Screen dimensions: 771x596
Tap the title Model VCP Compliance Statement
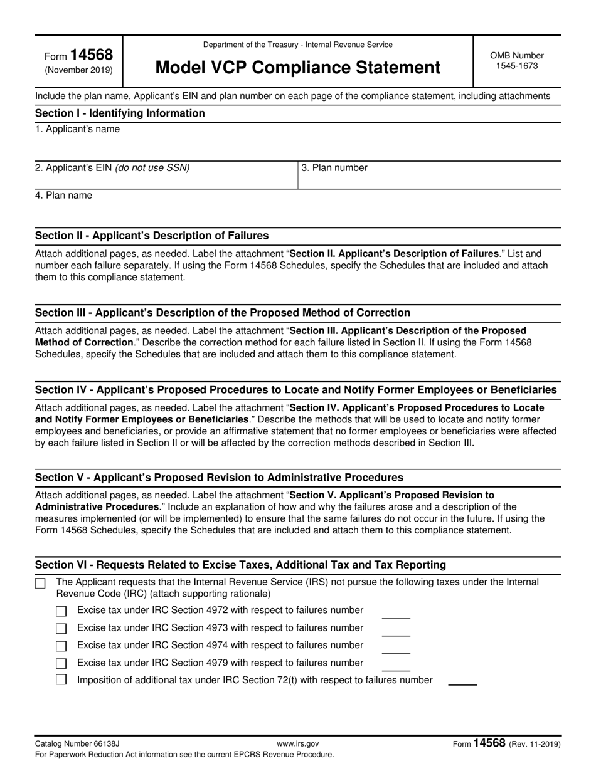click(x=297, y=67)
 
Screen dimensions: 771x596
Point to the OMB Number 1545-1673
click(x=517, y=60)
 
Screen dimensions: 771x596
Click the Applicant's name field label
click(x=77, y=129)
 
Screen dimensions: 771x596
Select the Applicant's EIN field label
click(x=112, y=168)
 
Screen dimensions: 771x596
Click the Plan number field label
click(x=334, y=168)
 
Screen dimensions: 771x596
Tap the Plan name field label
click(x=63, y=196)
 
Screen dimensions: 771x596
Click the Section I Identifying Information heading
click(x=120, y=113)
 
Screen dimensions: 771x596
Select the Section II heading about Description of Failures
click(x=152, y=236)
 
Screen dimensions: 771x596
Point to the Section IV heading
click(x=295, y=390)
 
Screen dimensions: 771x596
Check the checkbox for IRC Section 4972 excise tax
click(x=61, y=611)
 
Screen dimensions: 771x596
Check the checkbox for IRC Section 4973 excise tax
click(x=61, y=629)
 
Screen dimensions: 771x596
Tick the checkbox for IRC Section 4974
click(x=61, y=646)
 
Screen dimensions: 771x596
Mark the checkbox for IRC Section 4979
click(x=61, y=664)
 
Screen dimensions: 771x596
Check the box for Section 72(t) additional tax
click(x=61, y=680)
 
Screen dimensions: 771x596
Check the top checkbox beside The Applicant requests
click(x=40, y=584)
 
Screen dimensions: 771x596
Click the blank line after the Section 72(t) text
click(x=462, y=683)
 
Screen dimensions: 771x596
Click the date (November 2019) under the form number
click(x=78, y=70)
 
